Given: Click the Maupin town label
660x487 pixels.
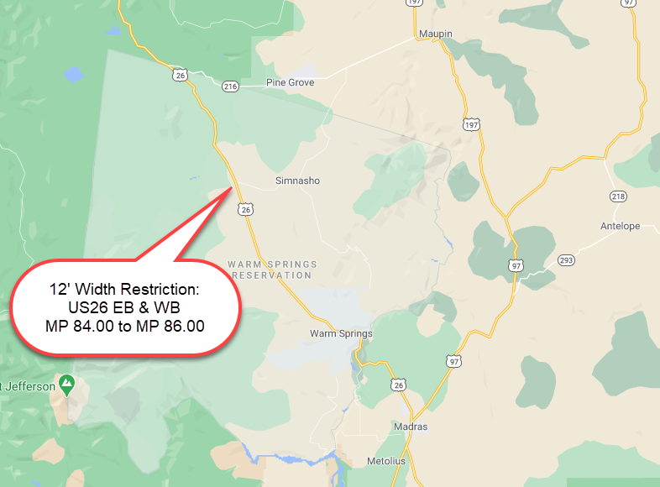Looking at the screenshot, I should click(435, 34).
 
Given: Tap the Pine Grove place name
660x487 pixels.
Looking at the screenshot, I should click(290, 82).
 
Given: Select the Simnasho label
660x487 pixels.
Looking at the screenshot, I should click(297, 181).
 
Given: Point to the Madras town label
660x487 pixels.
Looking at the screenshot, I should click(410, 427).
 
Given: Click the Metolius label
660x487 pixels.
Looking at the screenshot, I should click(386, 462).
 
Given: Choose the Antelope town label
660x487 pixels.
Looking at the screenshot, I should click(620, 226).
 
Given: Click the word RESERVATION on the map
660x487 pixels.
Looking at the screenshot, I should click(272, 275).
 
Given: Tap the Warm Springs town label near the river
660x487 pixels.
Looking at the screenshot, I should click(341, 333).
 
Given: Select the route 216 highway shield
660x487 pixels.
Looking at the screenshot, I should click(231, 86).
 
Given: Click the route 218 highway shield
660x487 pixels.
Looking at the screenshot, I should click(619, 196).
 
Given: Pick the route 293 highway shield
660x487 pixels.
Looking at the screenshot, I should click(566, 260).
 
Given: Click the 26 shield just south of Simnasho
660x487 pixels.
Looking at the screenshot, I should click(245, 209).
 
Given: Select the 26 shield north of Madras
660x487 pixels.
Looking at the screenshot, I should click(399, 384).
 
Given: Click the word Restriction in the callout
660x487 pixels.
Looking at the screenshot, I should click(159, 289).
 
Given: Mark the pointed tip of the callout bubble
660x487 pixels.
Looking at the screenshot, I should click(232, 186).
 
